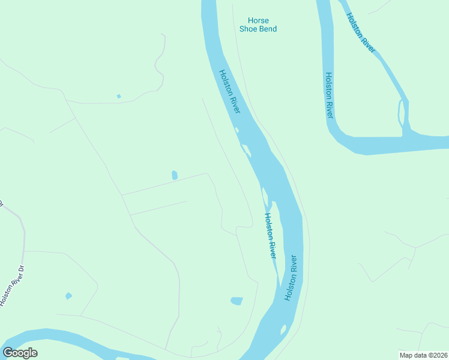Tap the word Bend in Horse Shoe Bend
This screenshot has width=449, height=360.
pos(267,29)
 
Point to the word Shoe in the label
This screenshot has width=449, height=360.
pos(249,29)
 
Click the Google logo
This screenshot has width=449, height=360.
pos(20,353)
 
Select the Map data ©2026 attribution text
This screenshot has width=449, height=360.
pos(423,355)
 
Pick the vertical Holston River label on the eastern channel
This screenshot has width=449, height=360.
pos(329,95)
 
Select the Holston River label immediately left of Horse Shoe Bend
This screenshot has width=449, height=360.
pos(229,91)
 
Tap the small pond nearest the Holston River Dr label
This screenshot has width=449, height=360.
pos(68,296)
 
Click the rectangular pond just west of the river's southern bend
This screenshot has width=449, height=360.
pos(237,301)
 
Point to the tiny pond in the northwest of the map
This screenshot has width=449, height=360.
pos(119,96)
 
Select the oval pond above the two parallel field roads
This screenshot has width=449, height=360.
pos(175,175)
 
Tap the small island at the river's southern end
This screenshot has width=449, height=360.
pos(283,329)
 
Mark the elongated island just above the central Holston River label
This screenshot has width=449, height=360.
pos(265,196)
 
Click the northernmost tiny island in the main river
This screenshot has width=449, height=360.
pos(237,130)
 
